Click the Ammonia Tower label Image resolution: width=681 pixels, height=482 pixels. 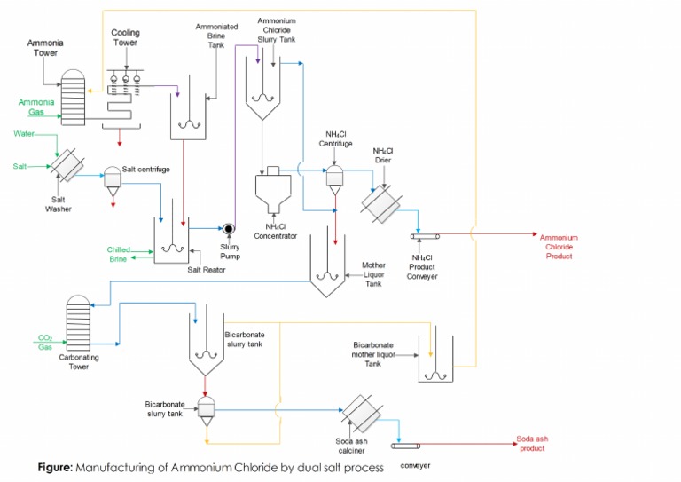[x=45, y=48]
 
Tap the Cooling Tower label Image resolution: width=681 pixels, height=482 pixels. [x=125, y=38]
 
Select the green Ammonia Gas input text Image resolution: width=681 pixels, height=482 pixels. [x=36, y=107]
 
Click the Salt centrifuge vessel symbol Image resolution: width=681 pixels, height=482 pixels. [x=113, y=178]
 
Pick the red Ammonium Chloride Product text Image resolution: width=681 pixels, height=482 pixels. [x=560, y=246]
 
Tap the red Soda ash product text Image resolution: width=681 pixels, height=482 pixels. [x=532, y=444]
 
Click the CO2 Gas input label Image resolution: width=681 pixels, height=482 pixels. [x=45, y=343]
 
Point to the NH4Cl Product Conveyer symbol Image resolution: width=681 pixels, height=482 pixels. [x=422, y=236]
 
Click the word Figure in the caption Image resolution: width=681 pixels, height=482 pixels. [x=55, y=467]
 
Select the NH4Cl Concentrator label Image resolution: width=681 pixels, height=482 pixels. [x=275, y=230]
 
